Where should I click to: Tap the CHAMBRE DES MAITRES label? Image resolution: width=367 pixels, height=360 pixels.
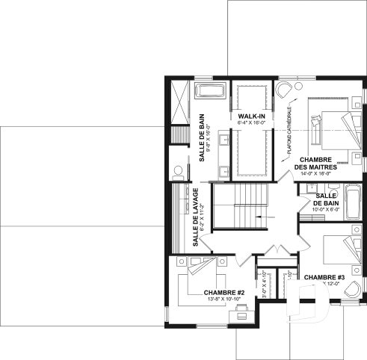click(315, 164)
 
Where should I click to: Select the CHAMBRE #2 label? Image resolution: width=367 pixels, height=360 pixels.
click(203, 292)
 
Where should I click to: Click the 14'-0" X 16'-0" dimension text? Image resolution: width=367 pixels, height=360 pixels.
click(315, 173)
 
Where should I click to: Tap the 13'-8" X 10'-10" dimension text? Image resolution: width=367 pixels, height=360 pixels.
click(203, 300)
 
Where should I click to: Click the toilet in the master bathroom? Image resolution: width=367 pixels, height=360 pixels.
click(178, 171)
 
